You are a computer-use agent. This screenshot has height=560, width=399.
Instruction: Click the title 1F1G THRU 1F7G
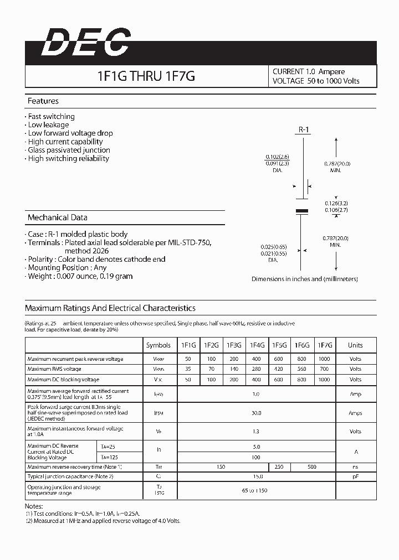[146, 76]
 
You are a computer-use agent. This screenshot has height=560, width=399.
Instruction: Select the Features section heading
[43, 101]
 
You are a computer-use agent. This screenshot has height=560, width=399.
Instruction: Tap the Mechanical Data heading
[57, 218]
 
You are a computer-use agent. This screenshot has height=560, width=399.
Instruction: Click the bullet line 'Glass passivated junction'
[69, 150]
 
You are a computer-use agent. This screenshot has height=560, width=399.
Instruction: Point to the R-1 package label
[304, 129]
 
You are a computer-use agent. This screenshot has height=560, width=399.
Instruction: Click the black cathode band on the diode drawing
[302, 211]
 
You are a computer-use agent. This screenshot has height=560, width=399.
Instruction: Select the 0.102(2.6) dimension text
[277, 157]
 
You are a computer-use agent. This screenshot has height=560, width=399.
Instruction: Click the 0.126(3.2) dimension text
[336, 203]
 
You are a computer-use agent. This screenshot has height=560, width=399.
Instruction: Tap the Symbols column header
[158, 345]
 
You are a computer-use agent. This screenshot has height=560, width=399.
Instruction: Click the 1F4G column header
[257, 345]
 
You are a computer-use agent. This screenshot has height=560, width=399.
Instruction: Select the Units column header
[355, 345]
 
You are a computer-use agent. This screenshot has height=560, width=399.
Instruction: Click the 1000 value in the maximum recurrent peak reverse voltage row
[324, 359]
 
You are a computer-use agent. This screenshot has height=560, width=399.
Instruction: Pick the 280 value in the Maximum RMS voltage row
[257, 369]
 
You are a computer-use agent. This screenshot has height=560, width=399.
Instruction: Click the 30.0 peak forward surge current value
[256, 413]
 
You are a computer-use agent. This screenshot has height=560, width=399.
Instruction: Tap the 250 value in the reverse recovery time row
[279, 467]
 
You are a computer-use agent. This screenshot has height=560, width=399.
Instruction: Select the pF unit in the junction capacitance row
[355, 476]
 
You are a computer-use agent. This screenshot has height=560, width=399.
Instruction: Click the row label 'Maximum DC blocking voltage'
[63, 380]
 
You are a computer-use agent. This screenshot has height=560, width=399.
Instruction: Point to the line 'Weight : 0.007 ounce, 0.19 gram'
[80, 276]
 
